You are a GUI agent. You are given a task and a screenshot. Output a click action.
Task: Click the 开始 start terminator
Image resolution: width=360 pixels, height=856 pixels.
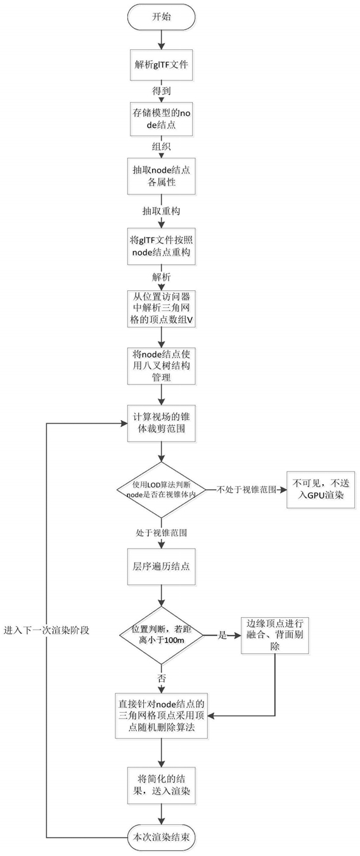(161, 18)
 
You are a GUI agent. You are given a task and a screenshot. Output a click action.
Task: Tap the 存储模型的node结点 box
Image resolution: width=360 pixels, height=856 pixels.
(161, 119)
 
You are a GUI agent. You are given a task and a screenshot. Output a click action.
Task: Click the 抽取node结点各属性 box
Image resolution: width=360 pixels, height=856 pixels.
(161, 176)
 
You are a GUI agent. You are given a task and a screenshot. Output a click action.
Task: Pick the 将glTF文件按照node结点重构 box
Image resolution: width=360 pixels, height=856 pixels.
(161, 246)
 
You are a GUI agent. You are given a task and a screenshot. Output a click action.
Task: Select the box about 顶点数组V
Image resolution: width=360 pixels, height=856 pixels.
(161, 309)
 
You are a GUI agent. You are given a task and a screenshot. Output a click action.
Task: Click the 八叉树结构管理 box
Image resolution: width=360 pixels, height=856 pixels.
(161, 366)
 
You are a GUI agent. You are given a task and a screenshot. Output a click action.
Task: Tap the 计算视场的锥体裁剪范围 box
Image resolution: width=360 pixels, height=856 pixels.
(161, 423)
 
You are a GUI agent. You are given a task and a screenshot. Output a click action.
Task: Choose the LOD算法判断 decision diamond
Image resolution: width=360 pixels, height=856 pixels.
(161, 490)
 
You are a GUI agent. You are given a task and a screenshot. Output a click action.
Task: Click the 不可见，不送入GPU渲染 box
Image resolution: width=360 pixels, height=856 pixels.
(321, 490)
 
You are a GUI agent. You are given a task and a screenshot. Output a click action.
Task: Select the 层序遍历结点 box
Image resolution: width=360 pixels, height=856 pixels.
(161, 566)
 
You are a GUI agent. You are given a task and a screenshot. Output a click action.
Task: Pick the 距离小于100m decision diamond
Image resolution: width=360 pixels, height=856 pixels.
(161, 636)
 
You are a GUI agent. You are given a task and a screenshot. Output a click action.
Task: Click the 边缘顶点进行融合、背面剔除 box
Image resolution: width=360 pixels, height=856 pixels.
(275, 635)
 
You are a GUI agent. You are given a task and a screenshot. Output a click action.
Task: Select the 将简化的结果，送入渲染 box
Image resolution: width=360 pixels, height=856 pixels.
(161, 785)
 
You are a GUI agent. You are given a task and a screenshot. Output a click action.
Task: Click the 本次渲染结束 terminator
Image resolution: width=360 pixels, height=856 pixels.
(161, 838)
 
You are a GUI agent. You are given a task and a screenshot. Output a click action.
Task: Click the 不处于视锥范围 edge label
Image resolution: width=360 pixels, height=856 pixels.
(246, 490)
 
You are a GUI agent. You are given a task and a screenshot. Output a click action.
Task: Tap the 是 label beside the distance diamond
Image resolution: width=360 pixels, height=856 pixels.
(222, 636)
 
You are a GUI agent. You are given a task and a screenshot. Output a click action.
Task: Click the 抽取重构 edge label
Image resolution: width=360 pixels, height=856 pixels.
(161, 211)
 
